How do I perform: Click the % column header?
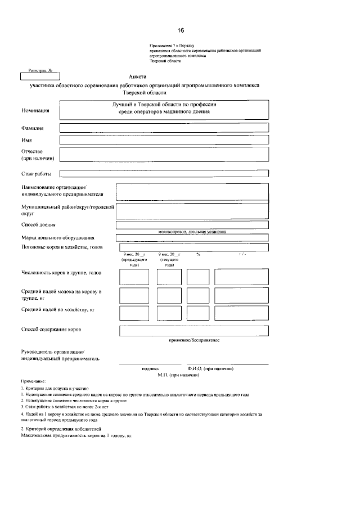pos(199,255)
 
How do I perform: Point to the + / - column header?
pos(242,255)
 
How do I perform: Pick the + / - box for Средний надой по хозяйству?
pos(242,313)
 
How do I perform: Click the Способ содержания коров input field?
pos(194,331)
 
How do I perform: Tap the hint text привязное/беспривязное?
pos(194,340)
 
